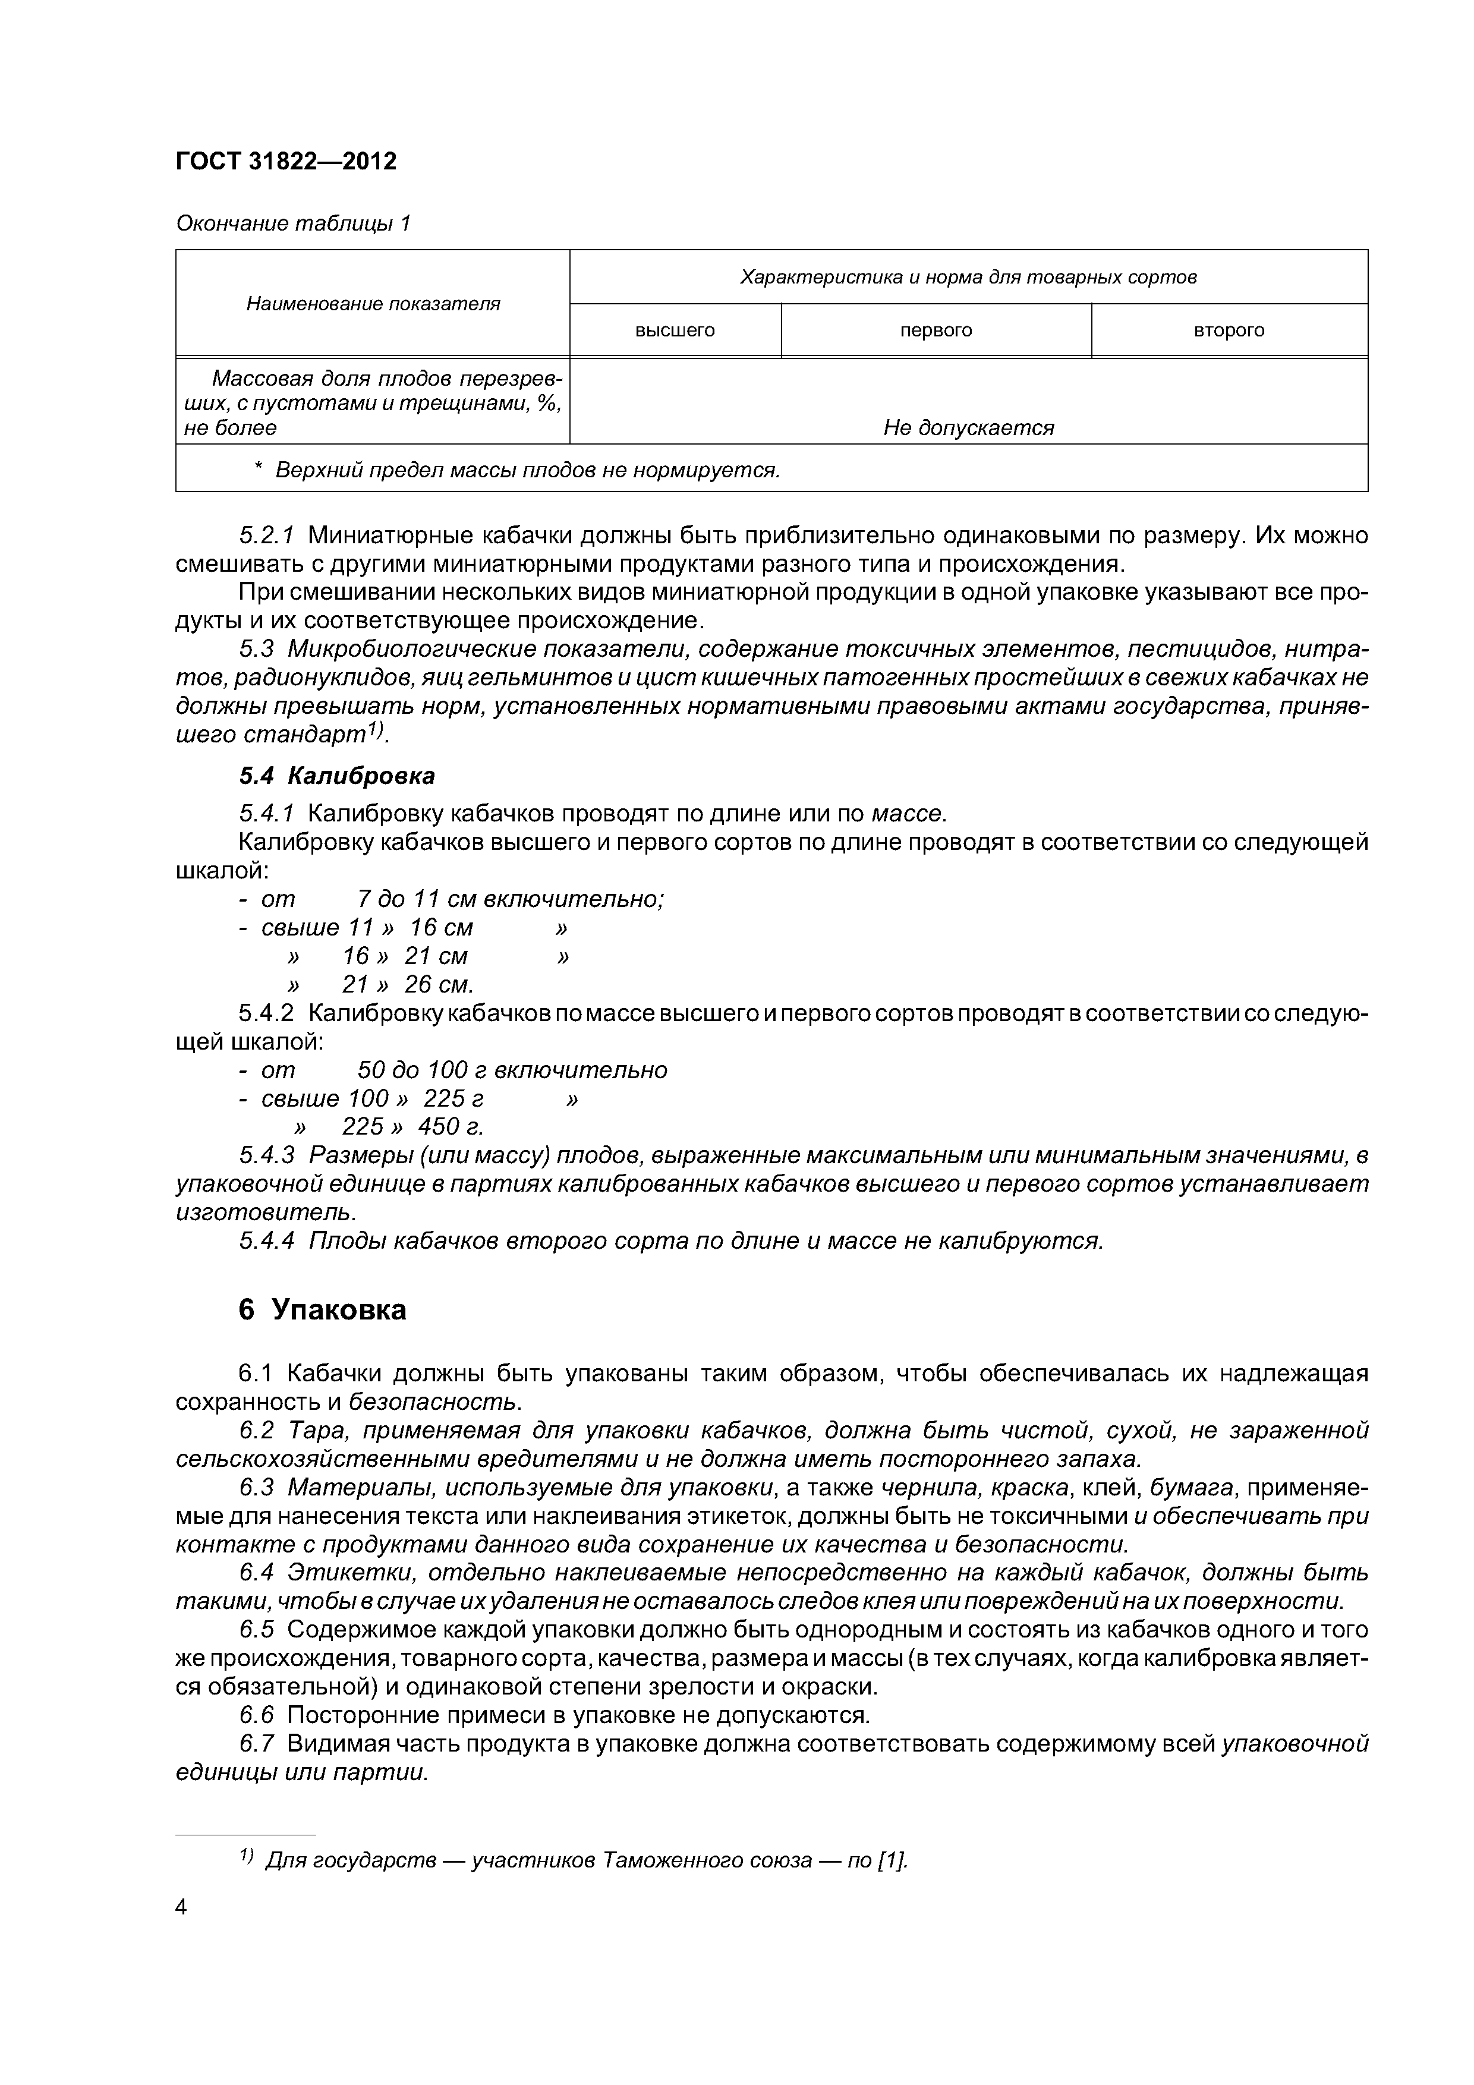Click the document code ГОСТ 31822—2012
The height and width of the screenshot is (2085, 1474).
[x=286, y=162]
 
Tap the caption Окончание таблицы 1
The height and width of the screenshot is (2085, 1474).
[x=292, y=223]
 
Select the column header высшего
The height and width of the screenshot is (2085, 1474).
[x=675, y=330]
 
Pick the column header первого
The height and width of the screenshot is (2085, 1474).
[x=936, y=330]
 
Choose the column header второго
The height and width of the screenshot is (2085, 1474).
[x=1229, y=330]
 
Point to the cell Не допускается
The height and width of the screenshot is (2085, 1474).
[x=968, y=428]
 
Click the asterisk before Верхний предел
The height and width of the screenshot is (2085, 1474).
[x=258, y=470]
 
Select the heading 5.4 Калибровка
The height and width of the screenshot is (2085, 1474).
[x=337, y=776]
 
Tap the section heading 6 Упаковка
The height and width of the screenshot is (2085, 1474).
[x=322, y=1309]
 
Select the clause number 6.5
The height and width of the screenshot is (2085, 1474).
[x=256, y=1630]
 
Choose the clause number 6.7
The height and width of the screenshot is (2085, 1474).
[x=256, y=1744]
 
